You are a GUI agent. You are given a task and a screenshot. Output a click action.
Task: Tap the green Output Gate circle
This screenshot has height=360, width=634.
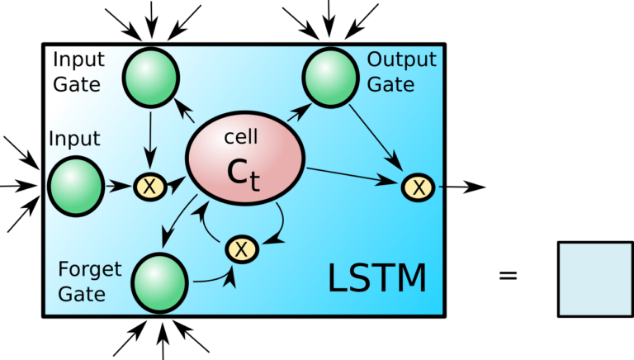pyautogui.click(x=331, y=78)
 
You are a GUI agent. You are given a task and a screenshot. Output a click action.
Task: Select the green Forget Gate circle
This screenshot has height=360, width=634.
pyautogui.click(x=159, y=282)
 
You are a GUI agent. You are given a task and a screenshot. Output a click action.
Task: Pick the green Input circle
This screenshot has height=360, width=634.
pyautogui.click(x=76, y=187)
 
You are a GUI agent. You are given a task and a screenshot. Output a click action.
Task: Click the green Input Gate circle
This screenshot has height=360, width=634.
pyautogui.click(x=150, y=77)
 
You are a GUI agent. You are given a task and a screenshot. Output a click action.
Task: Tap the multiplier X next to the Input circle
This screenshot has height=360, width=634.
pyautogui.click(x=149, y=187)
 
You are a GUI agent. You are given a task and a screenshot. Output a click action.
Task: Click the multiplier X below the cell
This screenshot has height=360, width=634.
pyautogui.click(x=241, y=249)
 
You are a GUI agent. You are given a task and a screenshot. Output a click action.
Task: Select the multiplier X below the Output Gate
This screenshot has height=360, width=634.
pyautogui.click(x=419, y=187)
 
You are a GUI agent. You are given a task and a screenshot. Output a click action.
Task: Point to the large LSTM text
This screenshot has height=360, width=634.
pyautogui.click(x=377, y=279)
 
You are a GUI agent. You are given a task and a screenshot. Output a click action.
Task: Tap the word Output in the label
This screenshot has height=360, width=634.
pyautogui.click(x=401, y=60)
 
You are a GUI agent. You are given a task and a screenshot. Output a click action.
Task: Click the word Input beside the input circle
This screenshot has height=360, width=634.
pyautogui.click(x=74, y=140)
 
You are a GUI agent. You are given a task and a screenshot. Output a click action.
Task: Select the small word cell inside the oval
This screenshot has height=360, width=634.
pyautogui.click(x=241, y=136)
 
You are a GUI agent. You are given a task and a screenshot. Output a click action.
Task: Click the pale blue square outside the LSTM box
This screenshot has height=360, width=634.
pyautogui.click(x=595, y=279)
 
